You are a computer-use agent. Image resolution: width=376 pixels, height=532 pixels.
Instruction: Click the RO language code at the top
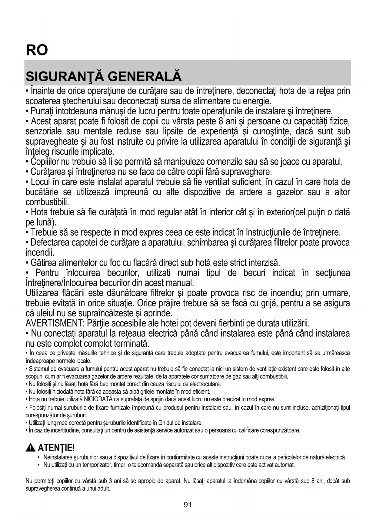37,50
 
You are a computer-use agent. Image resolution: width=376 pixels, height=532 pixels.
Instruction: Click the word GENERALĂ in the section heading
145,76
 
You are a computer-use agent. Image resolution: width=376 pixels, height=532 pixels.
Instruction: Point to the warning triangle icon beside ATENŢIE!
30,447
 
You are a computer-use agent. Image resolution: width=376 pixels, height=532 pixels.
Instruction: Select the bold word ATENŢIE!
56,447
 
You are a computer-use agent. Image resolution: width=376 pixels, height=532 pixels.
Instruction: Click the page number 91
188,505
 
